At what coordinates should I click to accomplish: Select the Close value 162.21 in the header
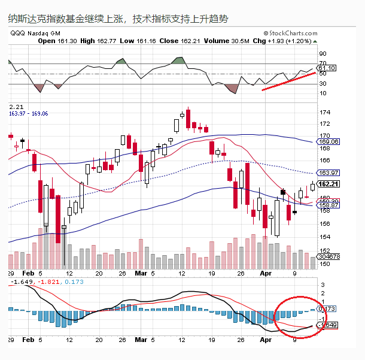(x=187, y=41)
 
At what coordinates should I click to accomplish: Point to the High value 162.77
(x=101, y=41)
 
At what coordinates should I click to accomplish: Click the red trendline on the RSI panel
(x=288, y=81)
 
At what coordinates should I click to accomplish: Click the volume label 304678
(x=328, y=256)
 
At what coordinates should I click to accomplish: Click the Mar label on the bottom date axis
(x=139, y=340)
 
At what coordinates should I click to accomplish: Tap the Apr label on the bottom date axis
(x=266, y=340)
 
